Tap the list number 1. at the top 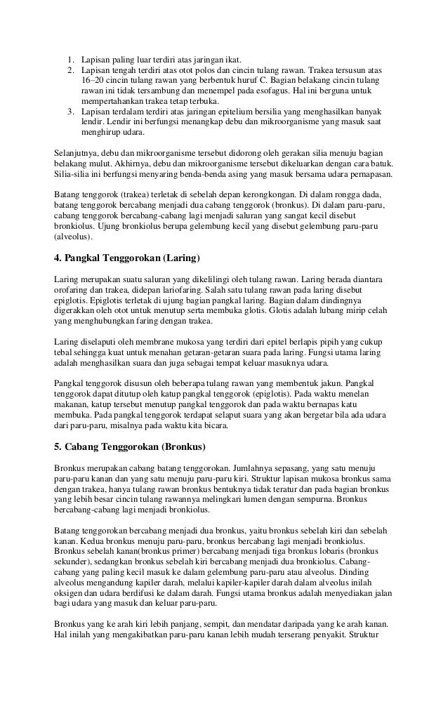[71, 59]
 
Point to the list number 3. [71, 112]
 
